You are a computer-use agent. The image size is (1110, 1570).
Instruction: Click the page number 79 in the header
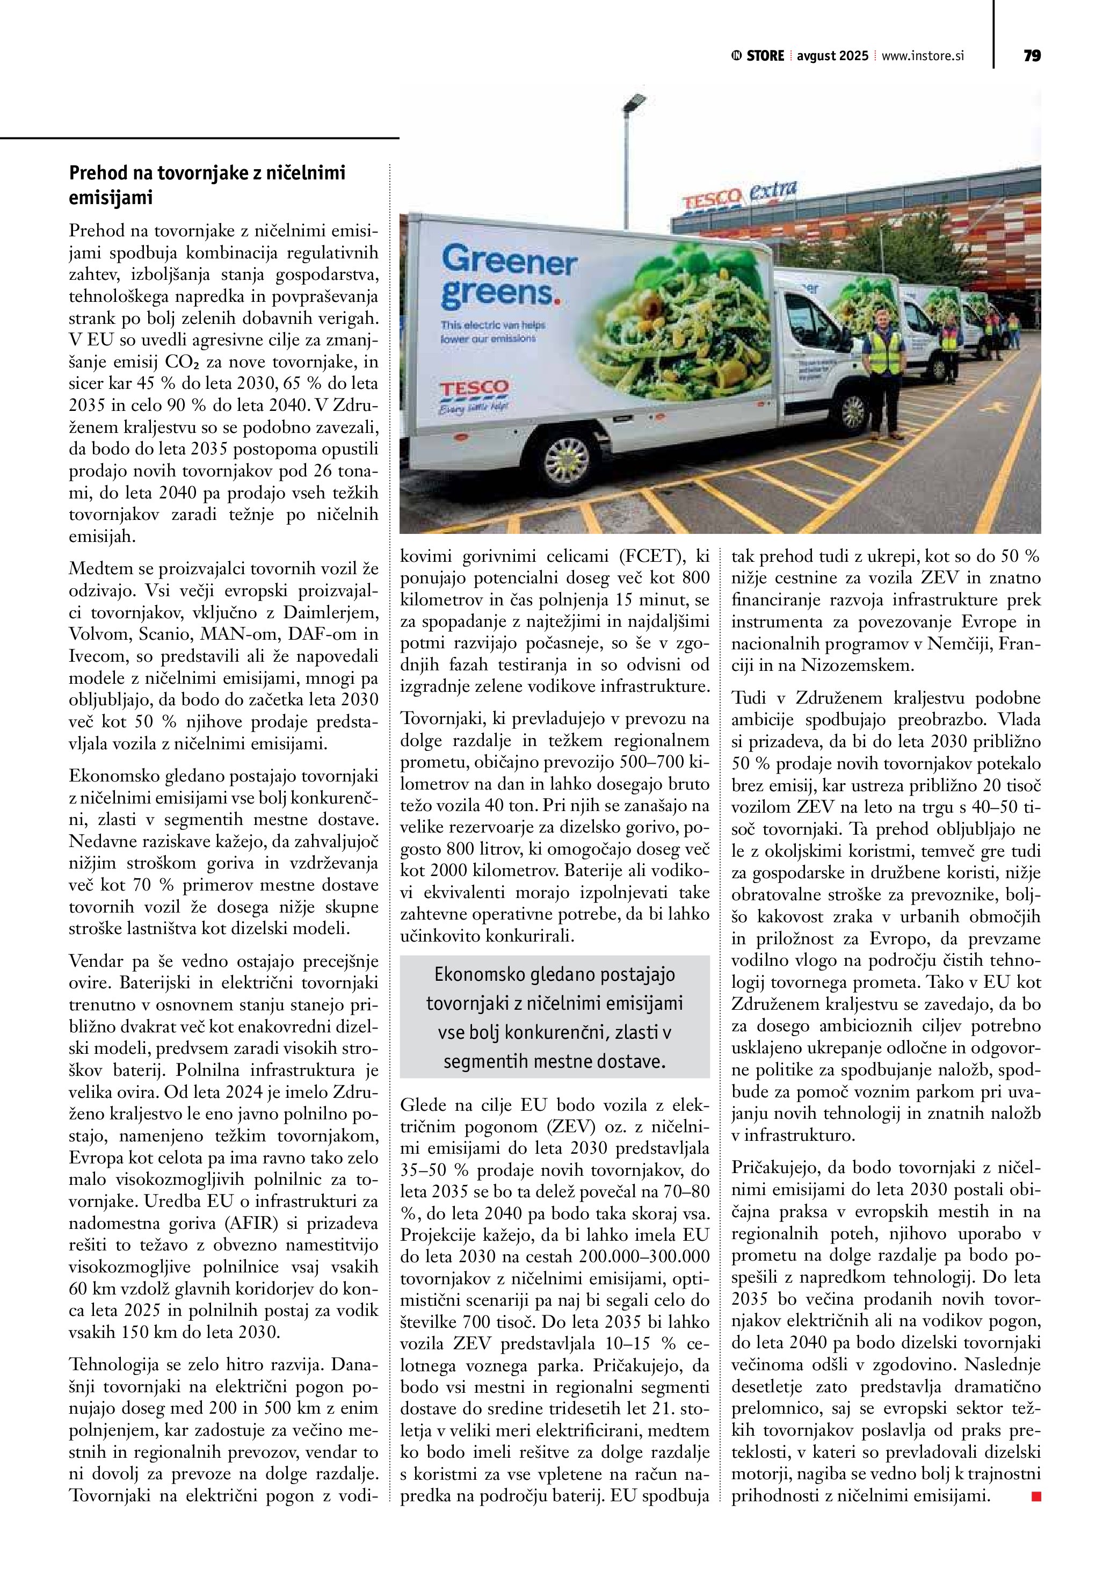click(x=1032, y=56)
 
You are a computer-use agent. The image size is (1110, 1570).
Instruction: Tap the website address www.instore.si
click(x=923, y=56)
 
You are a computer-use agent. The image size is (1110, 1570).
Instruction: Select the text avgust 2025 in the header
click(x=832, y=56)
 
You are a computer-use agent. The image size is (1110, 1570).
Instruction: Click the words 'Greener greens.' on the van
click(x=509, y=278)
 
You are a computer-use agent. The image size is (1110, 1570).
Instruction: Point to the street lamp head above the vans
click(x=634, y=103)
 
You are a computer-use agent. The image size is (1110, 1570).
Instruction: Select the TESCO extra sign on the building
click(x=739, y=195)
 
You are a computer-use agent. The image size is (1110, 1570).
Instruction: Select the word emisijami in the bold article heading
click(x=111, y=198)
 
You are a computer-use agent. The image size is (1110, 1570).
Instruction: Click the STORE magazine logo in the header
click(x=759, y=56)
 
